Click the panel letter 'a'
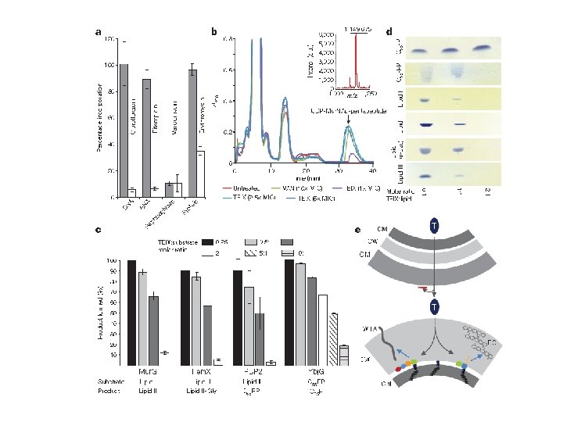99,32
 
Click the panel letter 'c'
97,229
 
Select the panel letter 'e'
357,230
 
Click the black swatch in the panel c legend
209,242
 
